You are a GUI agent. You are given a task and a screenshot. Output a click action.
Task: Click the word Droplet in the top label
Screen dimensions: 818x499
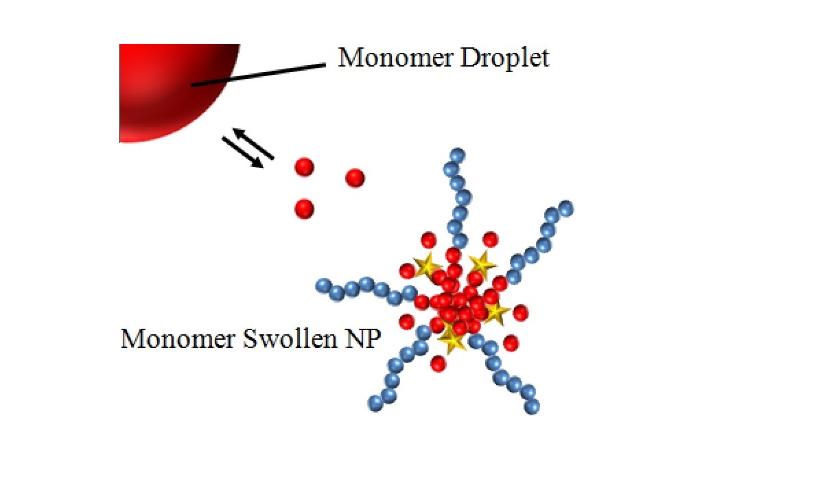pyautogui.click(x=504, y=58)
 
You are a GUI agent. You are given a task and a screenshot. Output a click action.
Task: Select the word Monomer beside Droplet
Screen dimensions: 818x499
pyautogui.click(x=396, y=58)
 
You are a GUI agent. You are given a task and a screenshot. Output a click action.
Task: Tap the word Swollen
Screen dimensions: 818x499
pyautogui.click(x=290, y=339)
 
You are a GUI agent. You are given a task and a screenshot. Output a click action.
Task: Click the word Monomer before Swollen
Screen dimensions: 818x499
pyautogui.click(x=178, y=339)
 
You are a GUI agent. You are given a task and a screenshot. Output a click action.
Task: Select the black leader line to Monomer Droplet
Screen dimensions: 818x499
pyautogui.click(x=258, y=75)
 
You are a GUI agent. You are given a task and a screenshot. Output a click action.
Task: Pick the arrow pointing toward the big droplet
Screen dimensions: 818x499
pyautogui.click(x=253, y=143)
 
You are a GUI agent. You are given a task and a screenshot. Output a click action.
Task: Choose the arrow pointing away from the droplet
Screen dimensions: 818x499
pyautogui.click(x=242, y=152)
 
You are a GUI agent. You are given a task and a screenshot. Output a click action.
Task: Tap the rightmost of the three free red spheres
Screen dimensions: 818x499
pyautogui.click(x=355, y=178)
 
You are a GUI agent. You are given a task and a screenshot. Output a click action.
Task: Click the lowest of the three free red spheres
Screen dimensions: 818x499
pyautogui.click(x=304, y=209)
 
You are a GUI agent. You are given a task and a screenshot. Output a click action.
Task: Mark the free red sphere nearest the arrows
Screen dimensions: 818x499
pyautogui.click(x=304, y=167)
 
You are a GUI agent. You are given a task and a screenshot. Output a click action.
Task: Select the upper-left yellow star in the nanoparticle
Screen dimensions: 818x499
pyautogui.click(x=427, y=266)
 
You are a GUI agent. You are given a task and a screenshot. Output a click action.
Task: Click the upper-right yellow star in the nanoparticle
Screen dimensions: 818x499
pyautogui.click(x=482, y=265)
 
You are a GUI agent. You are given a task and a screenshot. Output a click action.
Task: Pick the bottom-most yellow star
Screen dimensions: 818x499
pyautogui.click(x=452, y=339)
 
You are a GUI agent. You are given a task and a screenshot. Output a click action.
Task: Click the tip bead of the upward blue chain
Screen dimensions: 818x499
pyautogui.click(x=457, y=156)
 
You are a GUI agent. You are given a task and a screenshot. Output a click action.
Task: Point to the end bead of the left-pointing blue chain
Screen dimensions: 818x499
pyautogui.click(x=323, y=286)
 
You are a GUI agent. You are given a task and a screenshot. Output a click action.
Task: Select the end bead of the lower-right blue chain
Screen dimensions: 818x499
pyautogui.click(x=532, y=406)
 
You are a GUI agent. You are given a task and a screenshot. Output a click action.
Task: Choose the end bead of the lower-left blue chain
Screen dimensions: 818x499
pyautogui.click(x=375, y=403)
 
